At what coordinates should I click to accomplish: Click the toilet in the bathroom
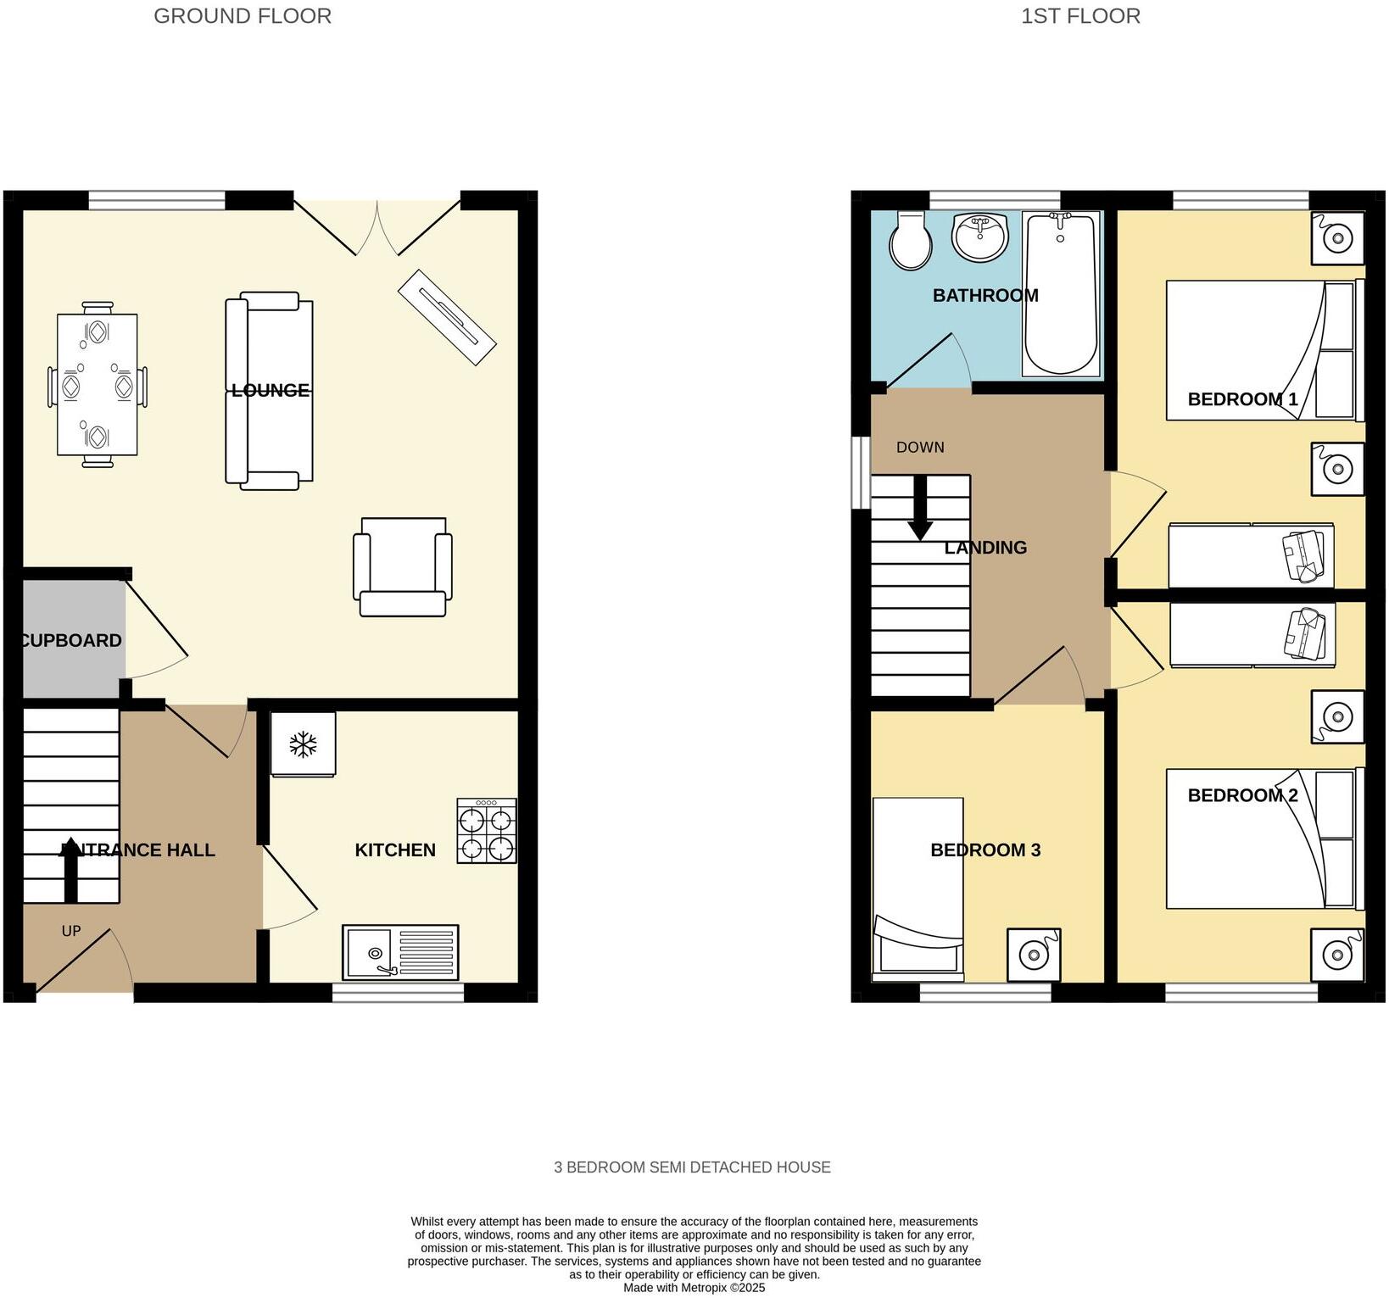pos(911,241)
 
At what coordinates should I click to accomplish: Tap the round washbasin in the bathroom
pos(980,237)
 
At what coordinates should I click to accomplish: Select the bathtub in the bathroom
pos(1061,292)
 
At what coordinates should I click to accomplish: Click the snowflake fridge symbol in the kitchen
pos(303,744)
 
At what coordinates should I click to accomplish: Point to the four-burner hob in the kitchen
pos(486,830)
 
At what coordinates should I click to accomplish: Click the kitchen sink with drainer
pos(400,951)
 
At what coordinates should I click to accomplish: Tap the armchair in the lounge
pos(402,566)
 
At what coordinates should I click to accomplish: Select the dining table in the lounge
pos(98,384)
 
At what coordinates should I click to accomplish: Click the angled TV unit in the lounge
pos(446,317)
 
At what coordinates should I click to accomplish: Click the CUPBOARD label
pos(71,640)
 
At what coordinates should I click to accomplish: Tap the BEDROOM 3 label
pos(985,850)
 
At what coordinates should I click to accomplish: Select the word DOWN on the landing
pos(920,447)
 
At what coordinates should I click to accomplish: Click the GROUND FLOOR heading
pos(243,16)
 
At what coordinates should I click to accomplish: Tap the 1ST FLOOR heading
pos(1079,16)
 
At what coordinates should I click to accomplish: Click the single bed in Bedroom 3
pos(918,886)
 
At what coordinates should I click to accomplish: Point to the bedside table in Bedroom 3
pos(1034,955)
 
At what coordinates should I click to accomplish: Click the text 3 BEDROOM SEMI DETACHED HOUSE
pos(692,1167)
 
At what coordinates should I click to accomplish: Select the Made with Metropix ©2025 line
pos(694,1287)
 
